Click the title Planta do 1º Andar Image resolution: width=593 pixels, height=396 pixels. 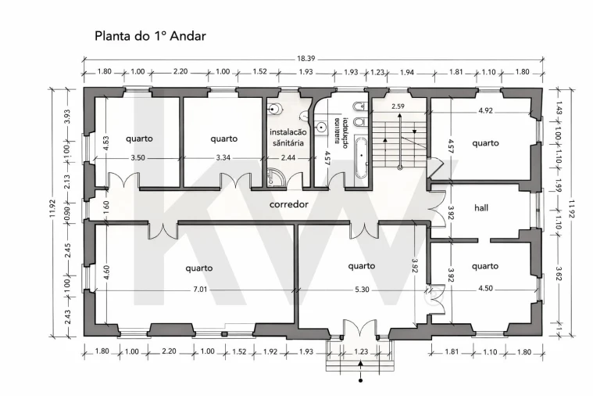[x=150, y=36]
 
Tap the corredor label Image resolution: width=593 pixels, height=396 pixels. [x=288, y=205]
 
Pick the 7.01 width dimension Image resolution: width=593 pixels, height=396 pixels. [x=202, y=290]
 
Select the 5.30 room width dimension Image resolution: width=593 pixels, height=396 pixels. [x=362, y=290]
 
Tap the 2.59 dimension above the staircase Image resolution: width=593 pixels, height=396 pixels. [x=398, y=106]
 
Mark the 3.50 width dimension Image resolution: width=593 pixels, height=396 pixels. [x=138, y=158]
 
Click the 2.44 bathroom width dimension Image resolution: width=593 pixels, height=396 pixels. [x=288, y=158]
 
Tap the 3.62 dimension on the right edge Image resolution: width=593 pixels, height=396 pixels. [x=558, y=274]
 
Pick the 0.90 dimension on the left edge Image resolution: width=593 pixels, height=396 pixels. [x=66, y=209]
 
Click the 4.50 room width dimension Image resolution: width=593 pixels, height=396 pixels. [x=484, y=290]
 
